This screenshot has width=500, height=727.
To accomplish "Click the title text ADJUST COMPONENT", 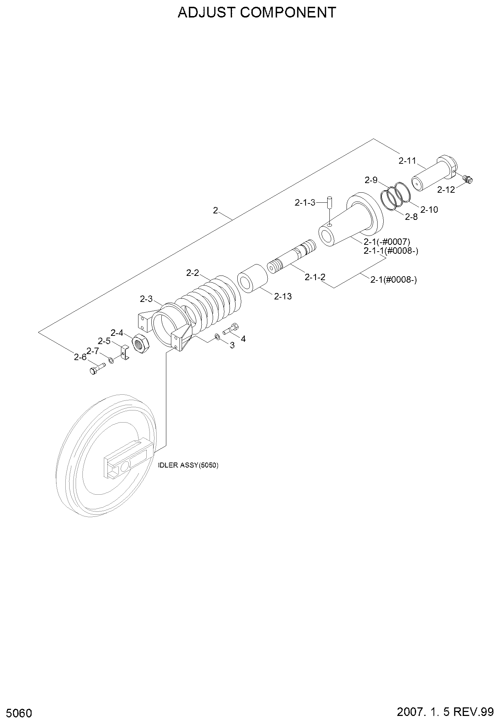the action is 257,12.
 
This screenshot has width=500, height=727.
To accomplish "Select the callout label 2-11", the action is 407,161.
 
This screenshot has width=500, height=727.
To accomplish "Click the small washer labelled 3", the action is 217,337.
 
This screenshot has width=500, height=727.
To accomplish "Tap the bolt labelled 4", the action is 231,328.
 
